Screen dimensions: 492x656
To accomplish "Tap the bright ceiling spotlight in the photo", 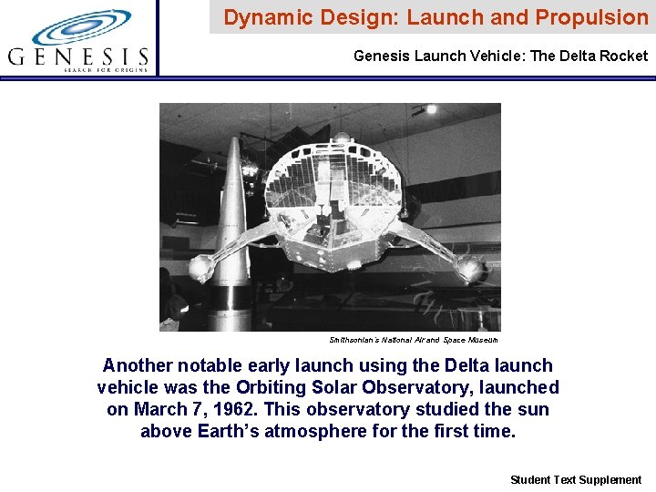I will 431,109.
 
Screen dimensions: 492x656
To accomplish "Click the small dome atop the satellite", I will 342,138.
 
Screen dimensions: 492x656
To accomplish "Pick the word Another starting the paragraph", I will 138,366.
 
